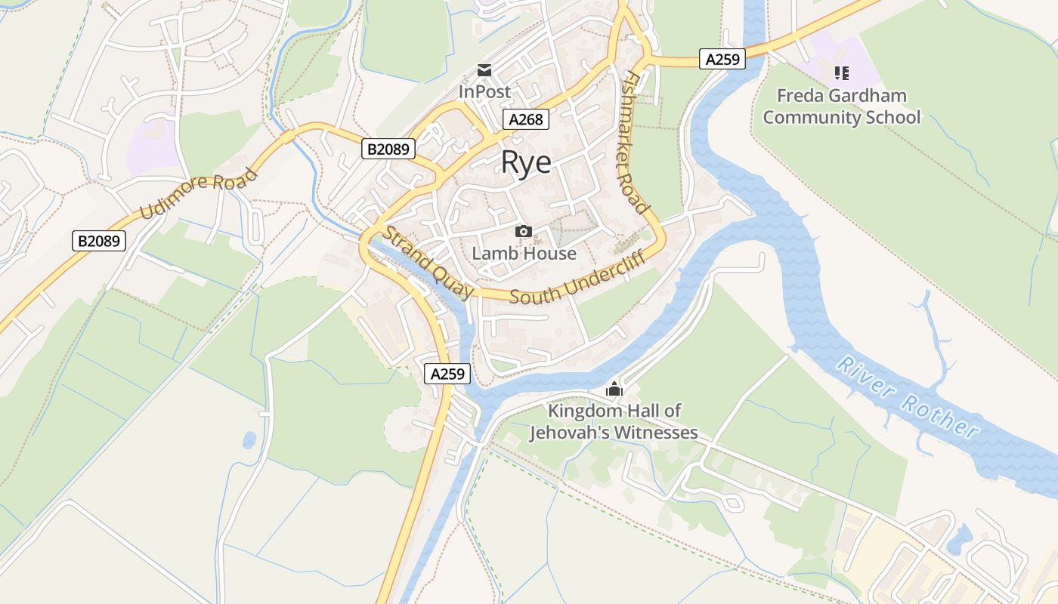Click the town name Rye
(x=526, y=162)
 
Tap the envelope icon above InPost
(x=484, y=71)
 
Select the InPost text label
(x=484, y=91)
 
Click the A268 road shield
(x=525, y=119)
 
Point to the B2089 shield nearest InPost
(x=388, y=149)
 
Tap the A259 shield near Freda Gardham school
(x=722, y=59)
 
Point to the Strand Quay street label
(x=428, y=262)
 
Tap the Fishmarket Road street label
(x=636, y=143)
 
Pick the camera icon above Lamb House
(x=523, y=231)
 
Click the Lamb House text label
(x=524, y=254)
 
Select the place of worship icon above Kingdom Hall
(x=614, y=390)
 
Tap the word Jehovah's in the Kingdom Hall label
(x=570, y=433)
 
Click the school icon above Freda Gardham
(x=841, y=73)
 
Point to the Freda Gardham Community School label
(x=841, y=106)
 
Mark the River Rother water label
(x=907, y=397)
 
